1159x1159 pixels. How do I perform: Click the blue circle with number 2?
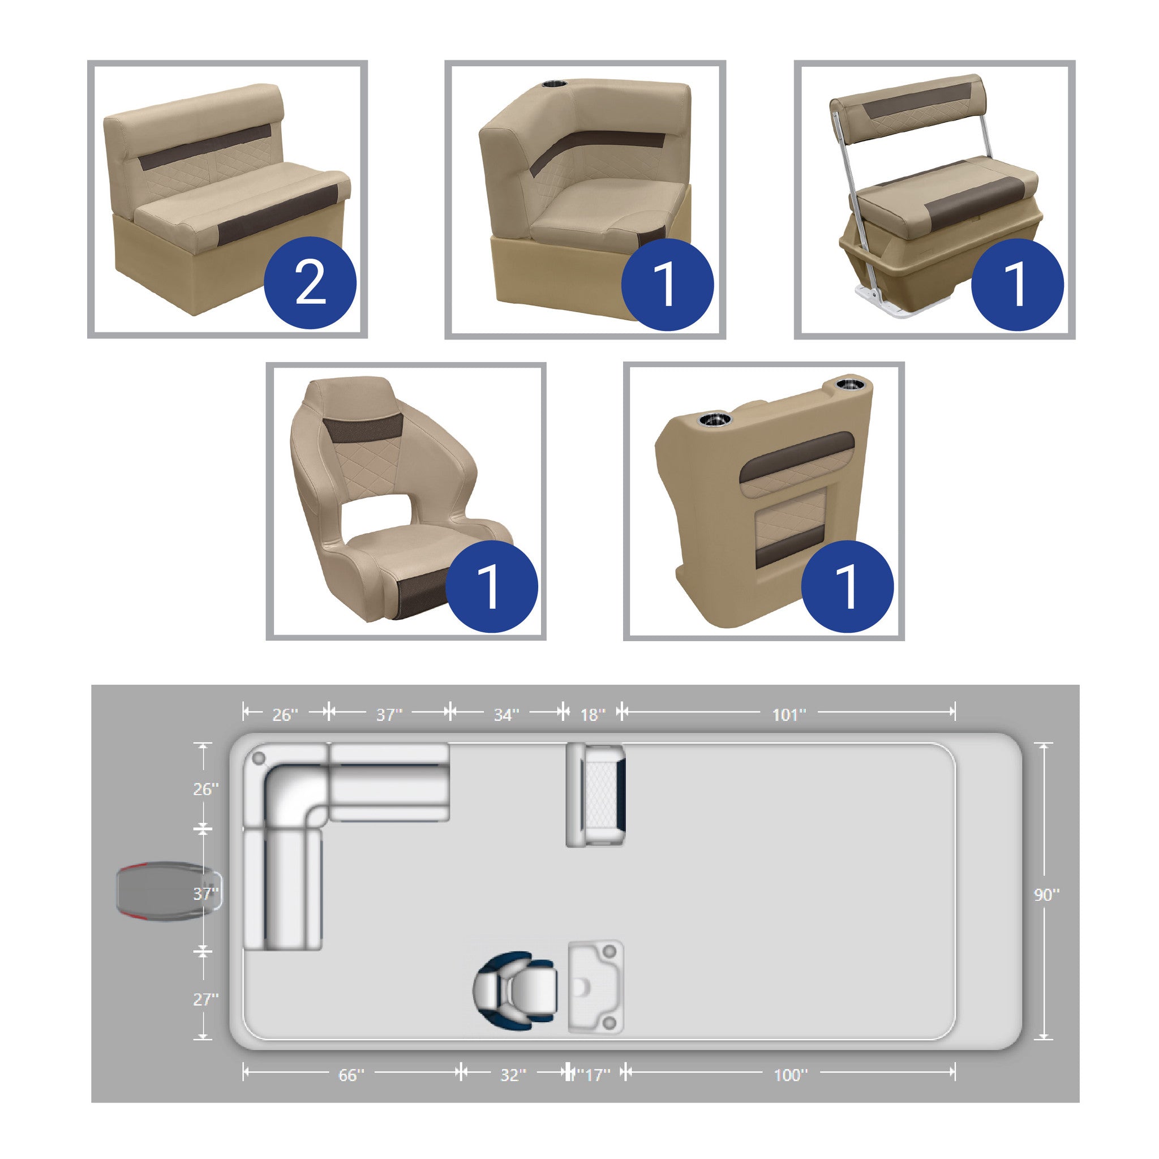(x=310, y=282)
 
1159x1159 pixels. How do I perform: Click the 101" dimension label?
(x=788, y=715)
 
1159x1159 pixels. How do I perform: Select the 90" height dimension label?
(x=1047, y=895)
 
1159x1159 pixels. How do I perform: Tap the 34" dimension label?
(x=506, y=715)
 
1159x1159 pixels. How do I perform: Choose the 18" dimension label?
(x=593, y=715)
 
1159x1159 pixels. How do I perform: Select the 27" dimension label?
(x=206, y=999)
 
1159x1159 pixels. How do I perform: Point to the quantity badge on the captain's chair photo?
(x=492, y=586)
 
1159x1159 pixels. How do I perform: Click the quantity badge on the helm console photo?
(x=847, y=586)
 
